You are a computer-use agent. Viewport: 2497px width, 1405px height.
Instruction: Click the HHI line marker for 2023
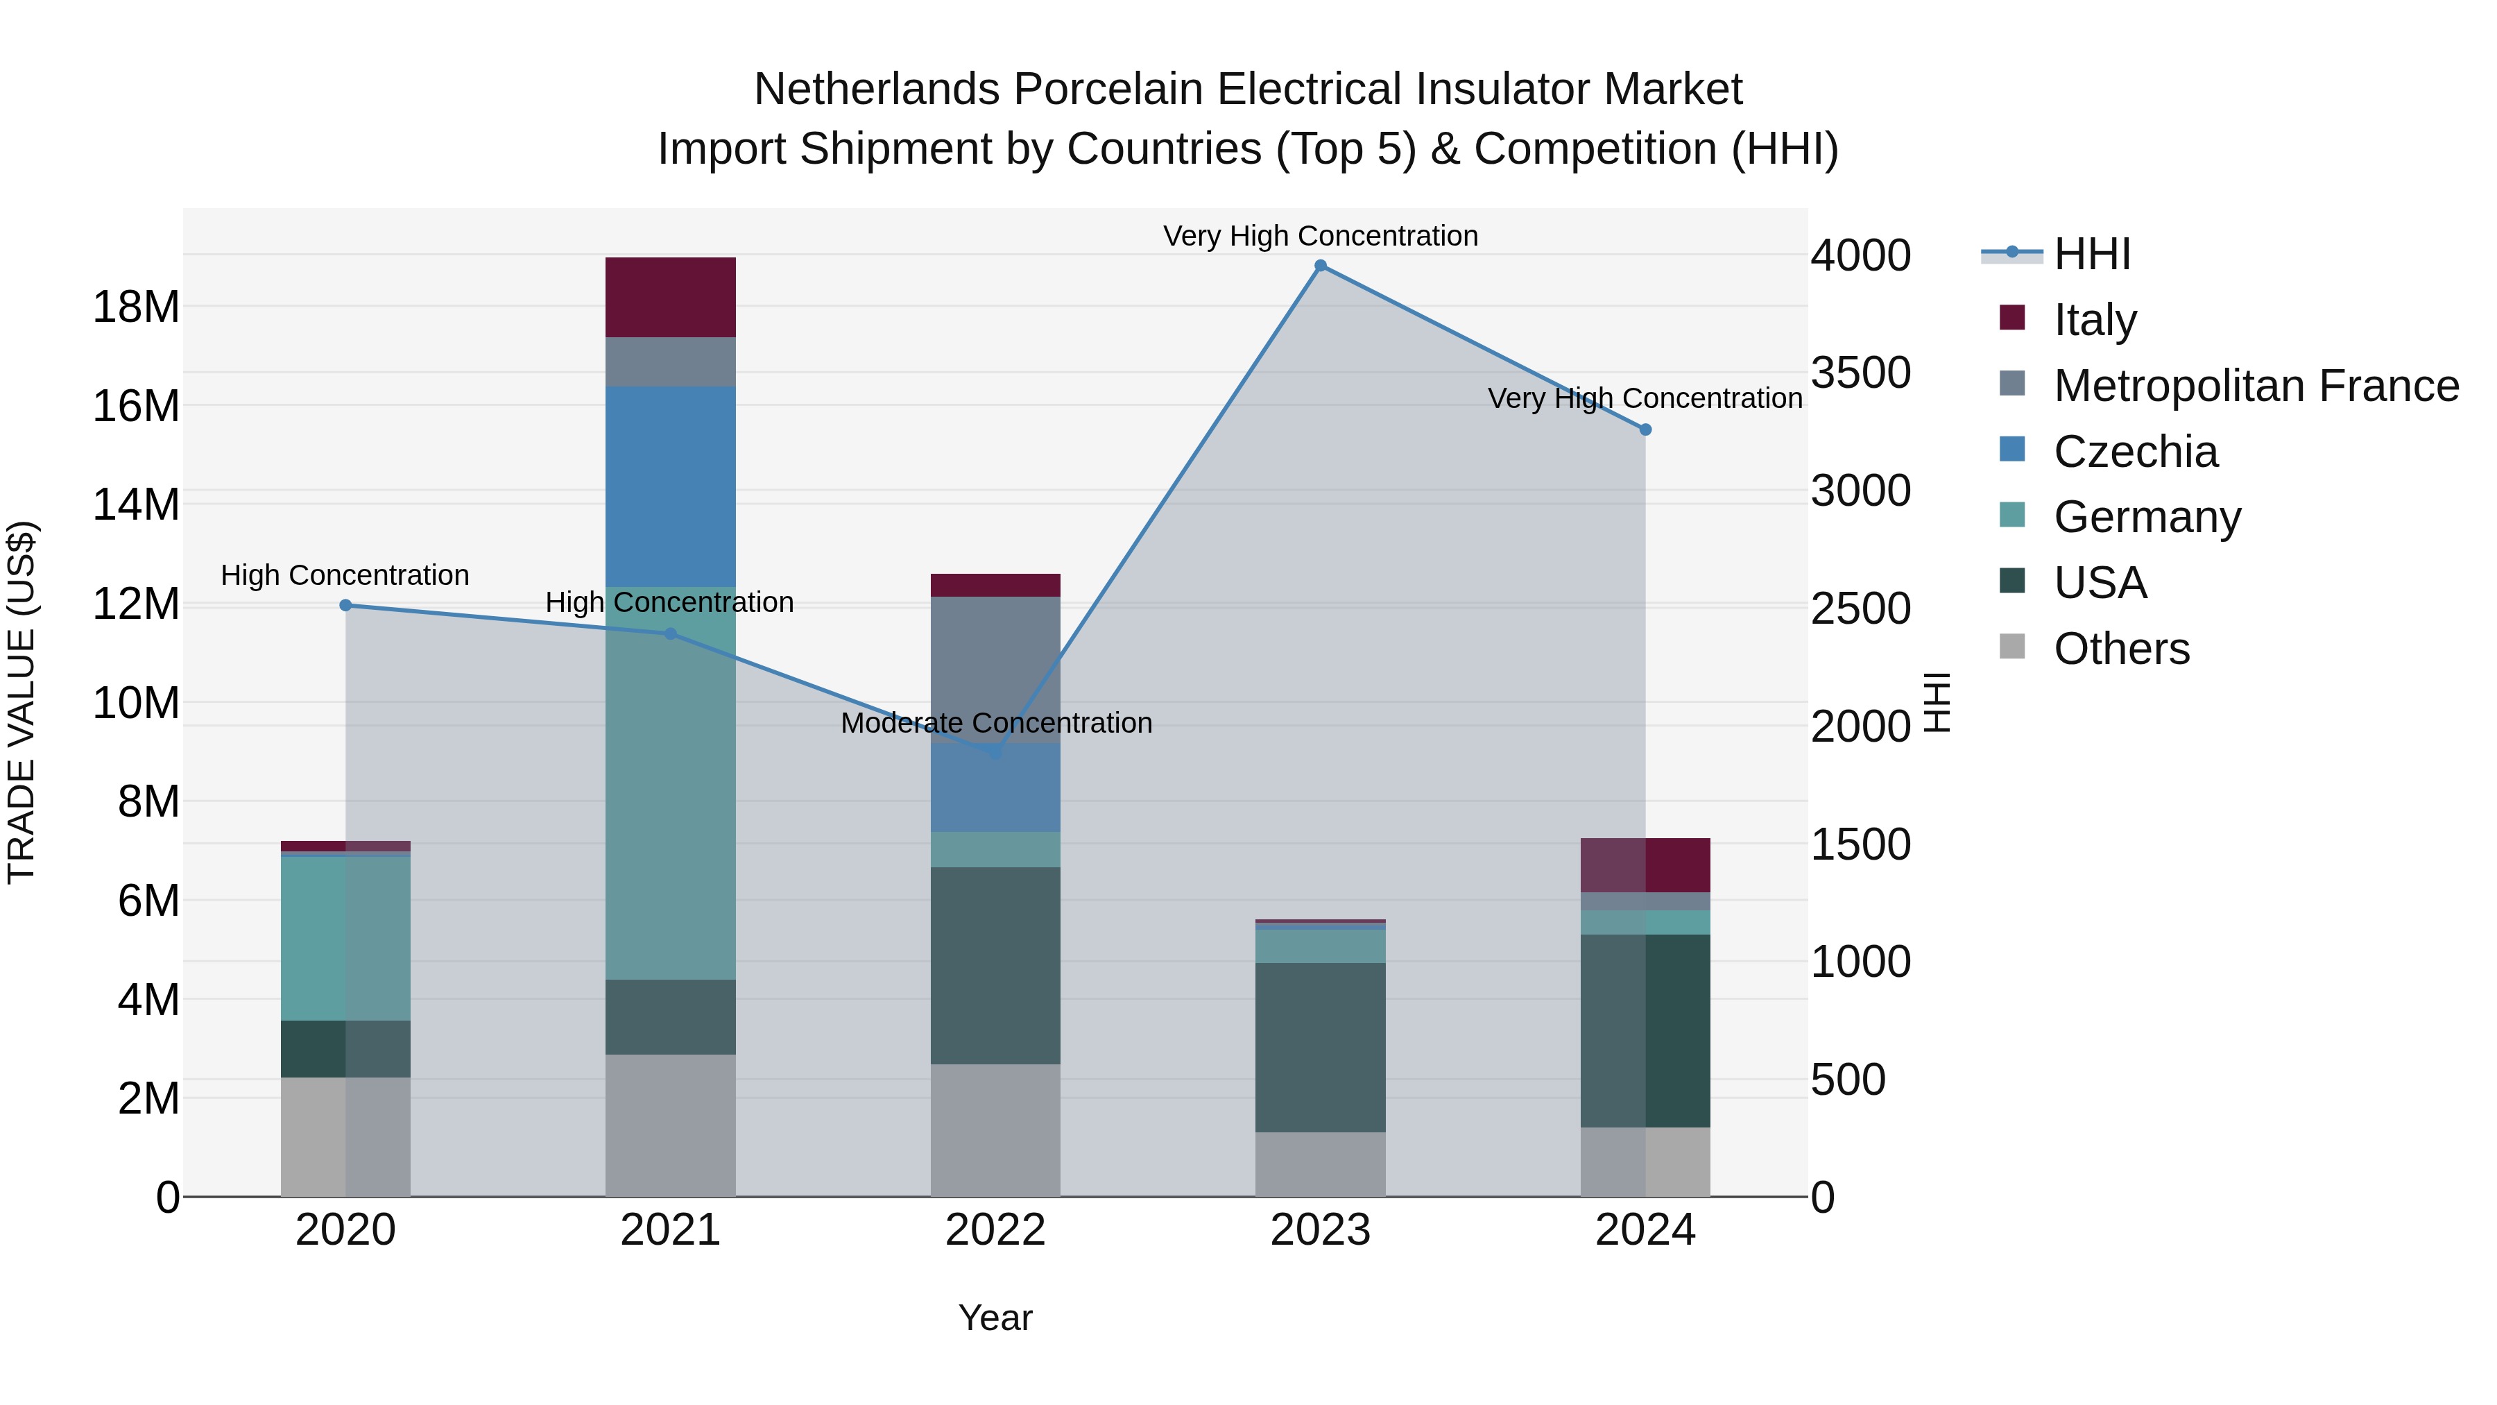tap(1320, 266)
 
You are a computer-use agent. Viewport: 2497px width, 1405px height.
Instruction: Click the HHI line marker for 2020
tap(346, 605)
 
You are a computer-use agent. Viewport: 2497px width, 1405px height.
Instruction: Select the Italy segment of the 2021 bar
tap(671, 297)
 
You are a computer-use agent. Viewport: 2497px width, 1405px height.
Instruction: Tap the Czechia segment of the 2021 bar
tap(671, 485)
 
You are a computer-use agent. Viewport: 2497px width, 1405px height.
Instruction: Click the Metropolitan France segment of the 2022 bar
tap(995, 669)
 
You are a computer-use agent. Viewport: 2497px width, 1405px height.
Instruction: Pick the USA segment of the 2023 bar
tap(1320, 1047)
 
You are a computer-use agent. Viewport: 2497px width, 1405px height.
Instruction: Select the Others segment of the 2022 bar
tap(995, 1130)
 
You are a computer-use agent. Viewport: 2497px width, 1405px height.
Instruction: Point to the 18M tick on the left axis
tap(136, 307)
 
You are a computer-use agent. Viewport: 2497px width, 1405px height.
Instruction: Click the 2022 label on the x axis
tap(995, 1230)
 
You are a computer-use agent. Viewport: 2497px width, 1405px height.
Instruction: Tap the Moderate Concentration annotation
tap(995, 724)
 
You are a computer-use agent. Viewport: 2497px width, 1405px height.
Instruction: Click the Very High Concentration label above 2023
tap(1320, 236)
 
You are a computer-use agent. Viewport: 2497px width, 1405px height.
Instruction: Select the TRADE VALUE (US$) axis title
tap(22, 702)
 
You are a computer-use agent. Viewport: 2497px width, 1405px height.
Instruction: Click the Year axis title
tap(995, 1318)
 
